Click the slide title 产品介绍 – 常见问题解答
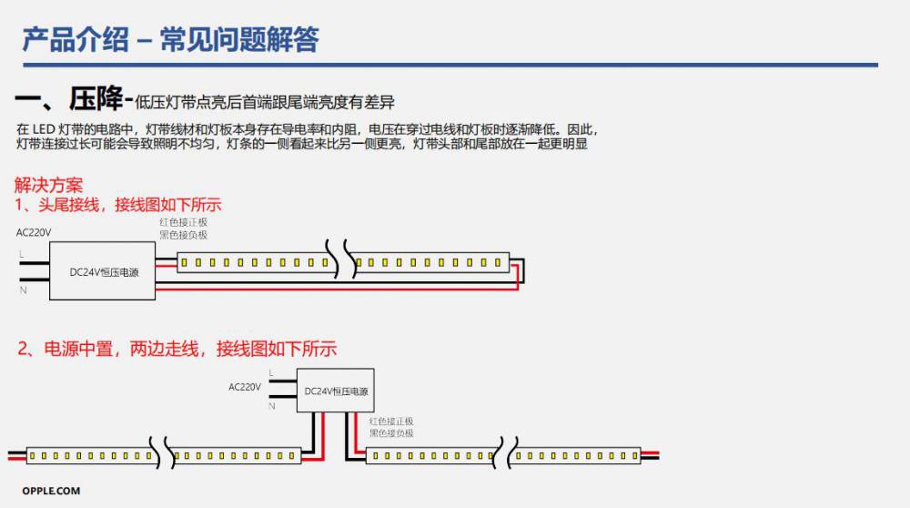(x=170, y=40)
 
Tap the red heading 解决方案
(x=48, y=185)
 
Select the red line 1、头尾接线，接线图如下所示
(x=117, y=204)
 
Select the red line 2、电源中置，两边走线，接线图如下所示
(x=177, y=349)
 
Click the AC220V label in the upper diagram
(x=34, y=232)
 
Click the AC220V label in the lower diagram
(x=245, y=387)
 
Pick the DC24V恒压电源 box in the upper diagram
(x=103, y=271)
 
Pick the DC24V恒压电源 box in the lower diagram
(x=337, y=391)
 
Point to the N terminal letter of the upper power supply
(x=21, y=290)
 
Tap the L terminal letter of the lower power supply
(x=271, y=373)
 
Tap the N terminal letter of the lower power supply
(x=271, y=406)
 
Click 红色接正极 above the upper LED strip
(x=183, y=222)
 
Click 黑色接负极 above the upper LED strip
(x=183, y=235)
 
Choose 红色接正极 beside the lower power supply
(x=391, y=422)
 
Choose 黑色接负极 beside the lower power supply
(x=391, y=433)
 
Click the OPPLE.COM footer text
(x=51, y=492)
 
